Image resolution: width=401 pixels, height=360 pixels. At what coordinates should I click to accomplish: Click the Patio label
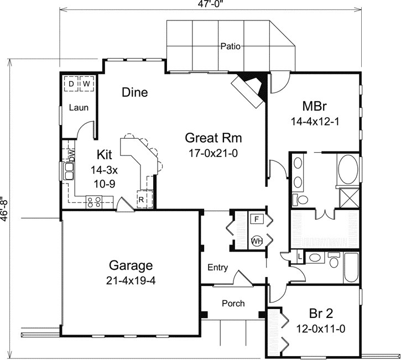coord(230,47)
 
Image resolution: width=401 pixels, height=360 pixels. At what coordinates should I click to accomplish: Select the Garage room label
coord(131,265)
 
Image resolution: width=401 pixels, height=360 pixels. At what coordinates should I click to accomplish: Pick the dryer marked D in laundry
coord(71,84)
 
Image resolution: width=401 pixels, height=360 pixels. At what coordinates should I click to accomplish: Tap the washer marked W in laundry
coord(86,84)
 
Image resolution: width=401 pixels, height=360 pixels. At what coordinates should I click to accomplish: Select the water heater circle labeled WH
coord(257,241)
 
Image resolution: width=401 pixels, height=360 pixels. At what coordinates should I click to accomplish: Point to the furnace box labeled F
coord(257,220)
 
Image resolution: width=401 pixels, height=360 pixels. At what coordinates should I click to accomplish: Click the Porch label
coord(233,304)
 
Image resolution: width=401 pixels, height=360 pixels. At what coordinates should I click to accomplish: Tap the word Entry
coord(218,268)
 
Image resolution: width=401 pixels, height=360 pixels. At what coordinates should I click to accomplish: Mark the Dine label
coord(135,92)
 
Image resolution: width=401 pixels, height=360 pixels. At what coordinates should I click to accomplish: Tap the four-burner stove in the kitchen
coord(92,201)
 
